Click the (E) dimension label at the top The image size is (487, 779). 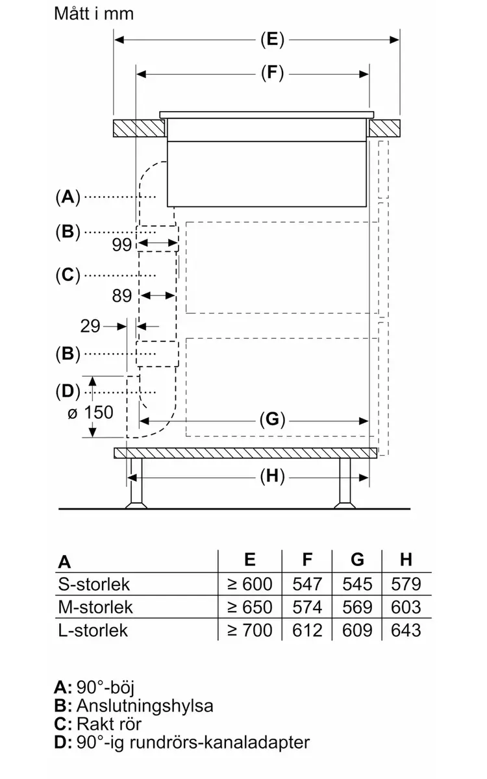272,40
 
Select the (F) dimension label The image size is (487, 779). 272,73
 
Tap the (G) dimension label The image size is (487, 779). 272,419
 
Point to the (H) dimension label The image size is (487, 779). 272,476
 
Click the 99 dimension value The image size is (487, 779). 122,245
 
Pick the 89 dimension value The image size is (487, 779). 122,296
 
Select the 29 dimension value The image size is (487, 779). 90,326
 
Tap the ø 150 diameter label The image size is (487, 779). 90,412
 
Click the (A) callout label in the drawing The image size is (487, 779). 68,197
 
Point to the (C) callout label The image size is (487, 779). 68,275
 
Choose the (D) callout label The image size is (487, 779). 68,391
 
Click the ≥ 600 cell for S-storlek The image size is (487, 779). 249,584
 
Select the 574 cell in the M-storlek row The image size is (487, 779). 307,607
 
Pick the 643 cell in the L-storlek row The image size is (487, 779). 406,630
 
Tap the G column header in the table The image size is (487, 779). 357,560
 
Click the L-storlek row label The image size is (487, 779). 93,630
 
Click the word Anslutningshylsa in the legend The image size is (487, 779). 145,706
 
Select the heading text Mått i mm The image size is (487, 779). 94,14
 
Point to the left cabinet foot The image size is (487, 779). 136,484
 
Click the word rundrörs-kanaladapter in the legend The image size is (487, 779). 219,743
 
